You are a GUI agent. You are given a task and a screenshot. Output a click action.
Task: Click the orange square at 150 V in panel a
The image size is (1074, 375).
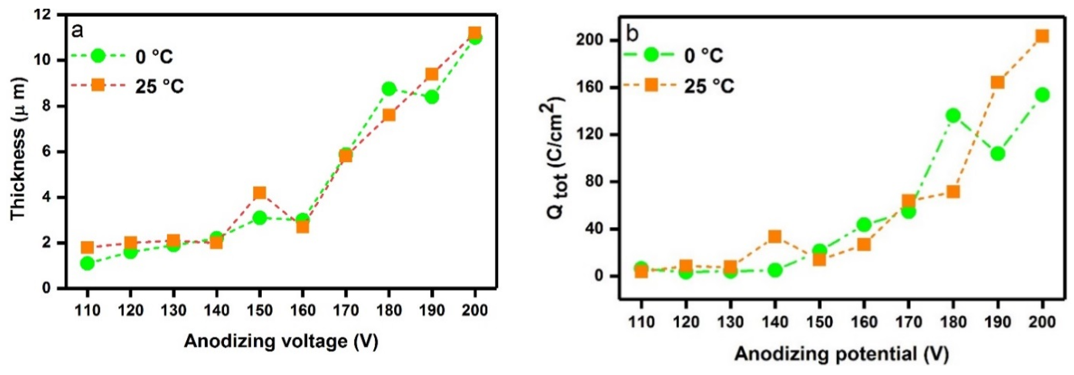(259, 193)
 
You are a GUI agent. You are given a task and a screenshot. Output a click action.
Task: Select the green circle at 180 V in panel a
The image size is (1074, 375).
(389, 89)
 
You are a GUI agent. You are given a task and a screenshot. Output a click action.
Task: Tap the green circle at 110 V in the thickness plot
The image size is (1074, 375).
(87, 263)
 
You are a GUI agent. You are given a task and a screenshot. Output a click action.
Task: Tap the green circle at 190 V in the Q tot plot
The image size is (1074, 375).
(998, 154)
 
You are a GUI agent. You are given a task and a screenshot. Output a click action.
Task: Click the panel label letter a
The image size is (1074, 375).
(78, 30)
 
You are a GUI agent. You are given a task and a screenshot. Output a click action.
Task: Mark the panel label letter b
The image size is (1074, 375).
(632, 34)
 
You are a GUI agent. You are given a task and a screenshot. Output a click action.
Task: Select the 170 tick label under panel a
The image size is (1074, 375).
(346, 310)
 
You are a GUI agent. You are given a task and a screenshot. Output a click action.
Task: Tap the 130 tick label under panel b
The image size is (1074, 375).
(730, 322)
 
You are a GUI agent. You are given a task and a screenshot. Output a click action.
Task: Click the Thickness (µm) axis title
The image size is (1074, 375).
(18, 149)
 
